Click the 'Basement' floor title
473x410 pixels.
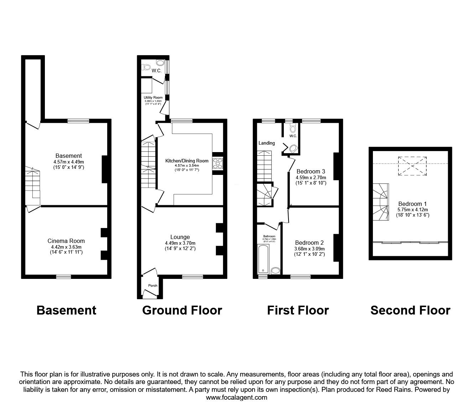(66, 310)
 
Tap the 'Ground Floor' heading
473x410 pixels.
(182, 310)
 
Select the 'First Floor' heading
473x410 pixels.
(298, 310)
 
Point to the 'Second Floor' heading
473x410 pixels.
(410, 310)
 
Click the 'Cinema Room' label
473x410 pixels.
(66, 241)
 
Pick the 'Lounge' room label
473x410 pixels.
(180, 237)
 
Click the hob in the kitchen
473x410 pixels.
(218, 164)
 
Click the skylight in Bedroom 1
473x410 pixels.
(412, 166)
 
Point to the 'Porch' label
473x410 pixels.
(152, 285)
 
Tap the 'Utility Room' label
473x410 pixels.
(153, 98)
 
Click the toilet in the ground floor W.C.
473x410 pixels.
(146, 67)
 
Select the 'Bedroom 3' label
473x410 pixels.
(311, 171)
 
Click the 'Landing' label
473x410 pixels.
(266, 143)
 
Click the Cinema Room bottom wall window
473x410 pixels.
(63, 276)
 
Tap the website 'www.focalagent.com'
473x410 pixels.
(236, 398)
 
